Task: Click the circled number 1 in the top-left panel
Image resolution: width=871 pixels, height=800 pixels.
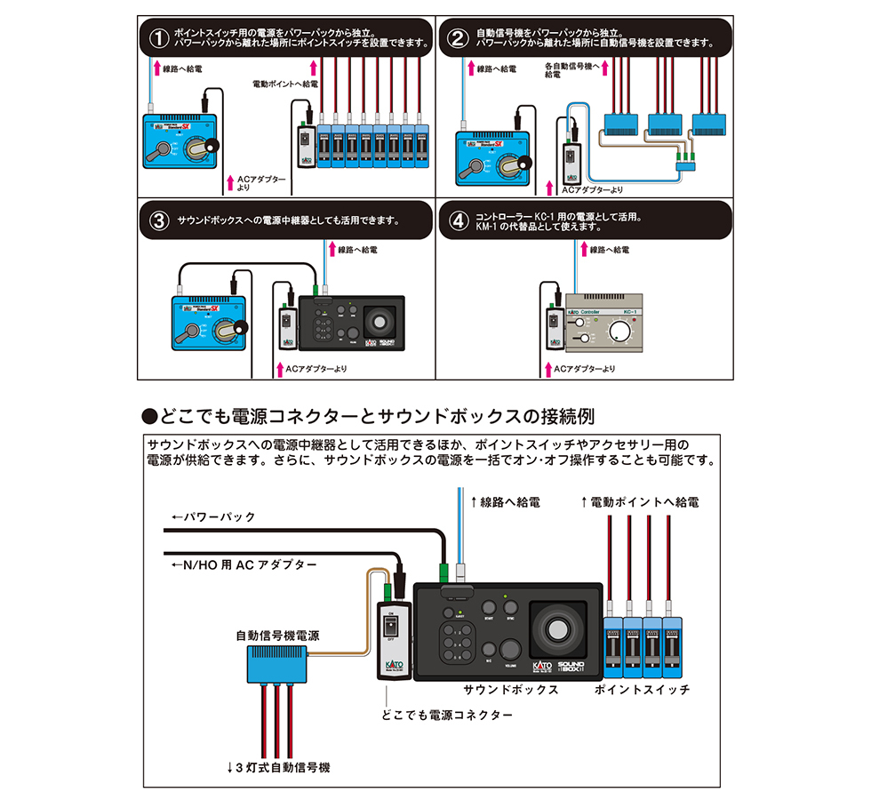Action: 158,39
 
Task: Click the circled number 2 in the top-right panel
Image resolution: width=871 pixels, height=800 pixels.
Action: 457,39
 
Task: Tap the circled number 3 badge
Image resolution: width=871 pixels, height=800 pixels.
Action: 158,221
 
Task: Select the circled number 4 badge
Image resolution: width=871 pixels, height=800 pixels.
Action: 457,221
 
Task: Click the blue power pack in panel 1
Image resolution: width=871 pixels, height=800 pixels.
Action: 182,142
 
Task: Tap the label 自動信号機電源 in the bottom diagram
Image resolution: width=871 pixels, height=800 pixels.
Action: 278,636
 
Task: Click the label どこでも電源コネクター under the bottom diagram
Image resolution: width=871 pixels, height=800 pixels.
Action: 446,715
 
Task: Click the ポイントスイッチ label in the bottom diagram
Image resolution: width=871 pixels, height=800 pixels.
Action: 642,689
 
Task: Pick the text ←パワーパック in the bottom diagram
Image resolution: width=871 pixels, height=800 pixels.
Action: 213,516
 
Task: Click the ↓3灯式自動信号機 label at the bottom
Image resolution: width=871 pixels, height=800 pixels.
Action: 277,766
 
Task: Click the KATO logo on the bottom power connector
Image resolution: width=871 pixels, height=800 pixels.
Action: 391,662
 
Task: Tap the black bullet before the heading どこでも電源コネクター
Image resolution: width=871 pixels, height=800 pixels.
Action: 149,416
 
